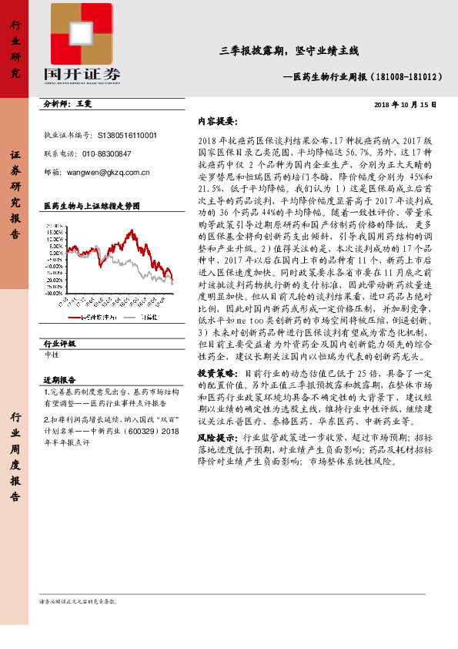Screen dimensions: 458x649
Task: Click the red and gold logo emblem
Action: (x=85, y=32)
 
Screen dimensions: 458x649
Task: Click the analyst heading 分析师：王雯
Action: (x=68, y=103)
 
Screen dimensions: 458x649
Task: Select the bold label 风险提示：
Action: (x=218, y=436)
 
